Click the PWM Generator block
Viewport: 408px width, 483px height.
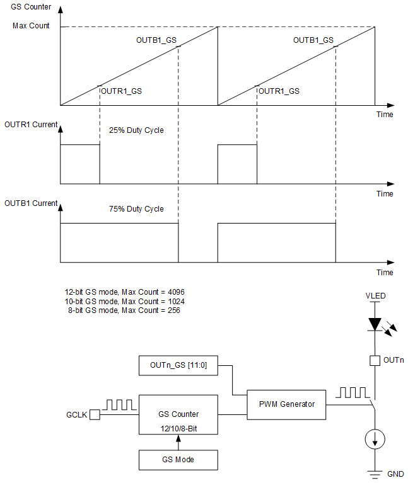click(x=286, y=404)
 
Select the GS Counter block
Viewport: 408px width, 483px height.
click(x=178, y=415)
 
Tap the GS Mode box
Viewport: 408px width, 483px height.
click(x=178, y=460)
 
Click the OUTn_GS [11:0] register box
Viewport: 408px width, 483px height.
click(x=178, y=365)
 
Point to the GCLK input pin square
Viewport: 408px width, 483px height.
click(x=94, y=415)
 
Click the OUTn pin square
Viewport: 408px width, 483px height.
click(x=375, y=361)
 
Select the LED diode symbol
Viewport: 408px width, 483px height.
click(x=375, y=324)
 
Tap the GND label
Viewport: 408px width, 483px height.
click(x=395, y=474)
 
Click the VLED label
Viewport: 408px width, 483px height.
click(x=375, y=295)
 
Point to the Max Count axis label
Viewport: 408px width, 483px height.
click(x=31, y=26)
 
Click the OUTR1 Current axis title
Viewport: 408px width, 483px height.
click(x=31, y=125)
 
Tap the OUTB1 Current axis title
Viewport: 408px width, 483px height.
click(x=31, y=203)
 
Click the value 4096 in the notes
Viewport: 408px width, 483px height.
click(x=174, y=293)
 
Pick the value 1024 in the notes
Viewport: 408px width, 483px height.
click(x=174, y=302)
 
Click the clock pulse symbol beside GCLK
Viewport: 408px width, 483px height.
click(x=118, y=404)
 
